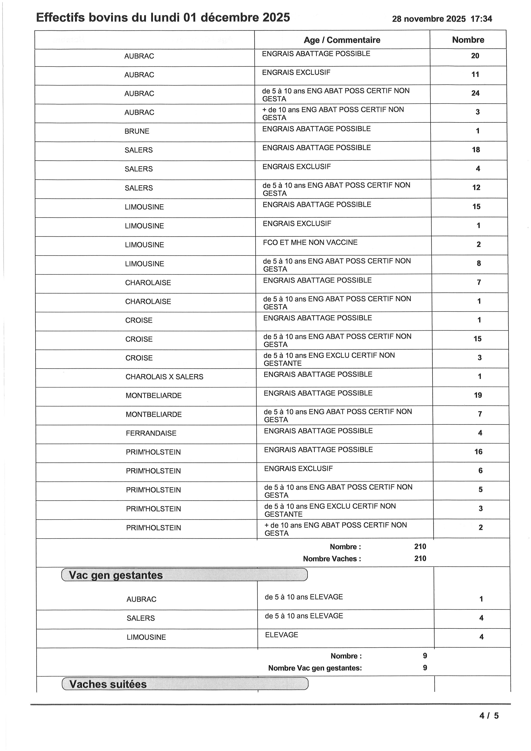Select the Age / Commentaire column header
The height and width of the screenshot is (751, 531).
342,40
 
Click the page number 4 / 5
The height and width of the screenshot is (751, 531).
489,716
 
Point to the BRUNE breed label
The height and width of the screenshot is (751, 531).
137,131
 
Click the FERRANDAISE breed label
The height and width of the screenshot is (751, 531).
151,433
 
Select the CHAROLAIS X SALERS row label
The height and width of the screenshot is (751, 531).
164,377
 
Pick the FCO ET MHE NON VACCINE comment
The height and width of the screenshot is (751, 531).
310,242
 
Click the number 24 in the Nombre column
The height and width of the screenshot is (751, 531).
475,93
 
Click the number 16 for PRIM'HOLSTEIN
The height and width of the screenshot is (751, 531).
478,452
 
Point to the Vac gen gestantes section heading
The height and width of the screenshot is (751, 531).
116,575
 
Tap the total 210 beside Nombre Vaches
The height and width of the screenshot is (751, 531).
420,558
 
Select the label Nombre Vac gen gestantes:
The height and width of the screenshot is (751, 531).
315,668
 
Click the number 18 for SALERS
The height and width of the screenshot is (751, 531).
476,150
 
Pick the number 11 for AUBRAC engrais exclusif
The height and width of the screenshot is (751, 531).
475,75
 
